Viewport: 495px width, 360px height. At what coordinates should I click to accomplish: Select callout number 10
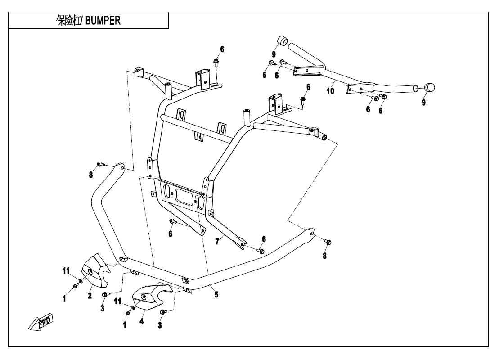pyautogui.click(x=330, y=91)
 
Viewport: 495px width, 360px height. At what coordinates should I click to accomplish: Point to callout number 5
pyautogui.click(x=216, y=295)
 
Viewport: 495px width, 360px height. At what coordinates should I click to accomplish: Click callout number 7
pyautogui.click(x=217, y=242)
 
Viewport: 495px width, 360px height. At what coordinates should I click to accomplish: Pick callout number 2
pyautogui.click(x=90, y=296)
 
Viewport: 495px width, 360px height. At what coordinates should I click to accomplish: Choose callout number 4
pyautogui.click(x=141, y=322)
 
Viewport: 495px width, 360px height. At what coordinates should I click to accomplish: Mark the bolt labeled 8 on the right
pyautogui.click(x=328, y=243)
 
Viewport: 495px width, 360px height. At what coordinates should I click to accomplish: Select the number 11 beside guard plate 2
pyautogui.click(x=66, y=270)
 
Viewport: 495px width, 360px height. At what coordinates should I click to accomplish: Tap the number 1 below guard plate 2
pyautogui.click(x=64, y=298)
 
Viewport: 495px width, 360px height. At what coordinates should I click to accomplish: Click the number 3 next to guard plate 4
pyautogui.click(x=160, y=325)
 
